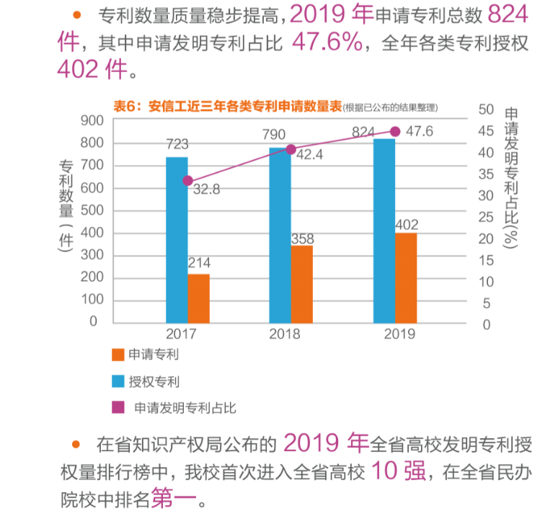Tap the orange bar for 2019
pos(406,277)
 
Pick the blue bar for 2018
pos(280,235)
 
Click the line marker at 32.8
pos(188,181)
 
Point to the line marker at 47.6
pos(395,131)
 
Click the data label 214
pos(199,263)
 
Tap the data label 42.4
pos(310,154)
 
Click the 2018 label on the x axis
pos(285,334)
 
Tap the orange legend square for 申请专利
pos(118,355)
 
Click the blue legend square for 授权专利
pos(118,380)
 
